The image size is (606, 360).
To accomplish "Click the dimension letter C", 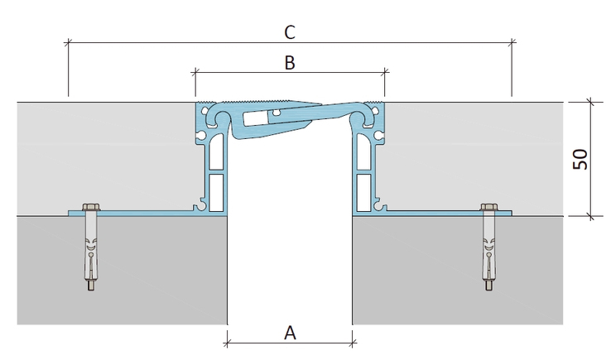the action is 290,32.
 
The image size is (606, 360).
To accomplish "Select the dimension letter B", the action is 290,63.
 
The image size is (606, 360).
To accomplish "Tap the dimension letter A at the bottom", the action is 290,333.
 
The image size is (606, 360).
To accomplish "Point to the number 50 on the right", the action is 580,159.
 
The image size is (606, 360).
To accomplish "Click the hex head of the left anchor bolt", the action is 91,207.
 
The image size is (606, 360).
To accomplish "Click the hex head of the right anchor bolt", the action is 489,207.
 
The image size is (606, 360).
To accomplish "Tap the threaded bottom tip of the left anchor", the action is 90,286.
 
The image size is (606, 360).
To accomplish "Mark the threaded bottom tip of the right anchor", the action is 489,286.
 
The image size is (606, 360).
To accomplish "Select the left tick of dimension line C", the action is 69,42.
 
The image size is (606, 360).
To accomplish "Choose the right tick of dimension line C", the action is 512,42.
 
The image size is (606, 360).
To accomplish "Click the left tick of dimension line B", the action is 195,72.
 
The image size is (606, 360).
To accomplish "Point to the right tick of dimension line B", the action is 385,72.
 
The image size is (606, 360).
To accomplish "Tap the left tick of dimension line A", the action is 227,343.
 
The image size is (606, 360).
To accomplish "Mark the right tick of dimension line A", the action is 353,343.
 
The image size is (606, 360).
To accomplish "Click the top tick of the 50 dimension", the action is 590,103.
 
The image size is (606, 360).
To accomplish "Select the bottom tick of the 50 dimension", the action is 590,216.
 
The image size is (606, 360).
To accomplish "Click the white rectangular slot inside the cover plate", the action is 256,118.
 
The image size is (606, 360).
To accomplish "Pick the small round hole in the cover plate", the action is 275,113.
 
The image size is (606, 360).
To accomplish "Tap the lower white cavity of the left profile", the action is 216,193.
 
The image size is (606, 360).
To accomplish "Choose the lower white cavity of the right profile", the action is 363,193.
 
